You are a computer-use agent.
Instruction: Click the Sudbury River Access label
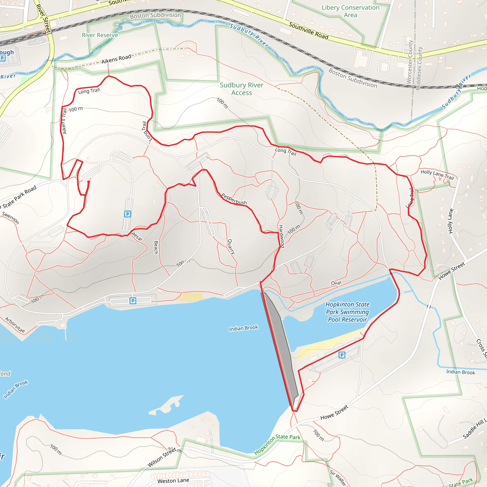[242, 89]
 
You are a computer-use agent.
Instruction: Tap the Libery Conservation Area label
[350, 11]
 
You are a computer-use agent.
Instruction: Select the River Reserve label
[100, 35]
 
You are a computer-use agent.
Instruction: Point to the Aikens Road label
[116, 59]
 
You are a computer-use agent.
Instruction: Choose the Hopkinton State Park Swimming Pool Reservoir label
[347, 312]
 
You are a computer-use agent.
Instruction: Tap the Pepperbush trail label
[234, 199]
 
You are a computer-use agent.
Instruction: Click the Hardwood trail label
[282, 236]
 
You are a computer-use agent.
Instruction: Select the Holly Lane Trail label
[437, 175]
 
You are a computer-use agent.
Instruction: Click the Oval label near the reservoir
[336, 283]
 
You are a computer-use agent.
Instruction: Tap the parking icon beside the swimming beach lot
[342, 355]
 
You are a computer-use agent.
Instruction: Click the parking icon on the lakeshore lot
[133, 301]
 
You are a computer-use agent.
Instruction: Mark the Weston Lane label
[173, 481]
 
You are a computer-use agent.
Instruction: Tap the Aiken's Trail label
[64, 121]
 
